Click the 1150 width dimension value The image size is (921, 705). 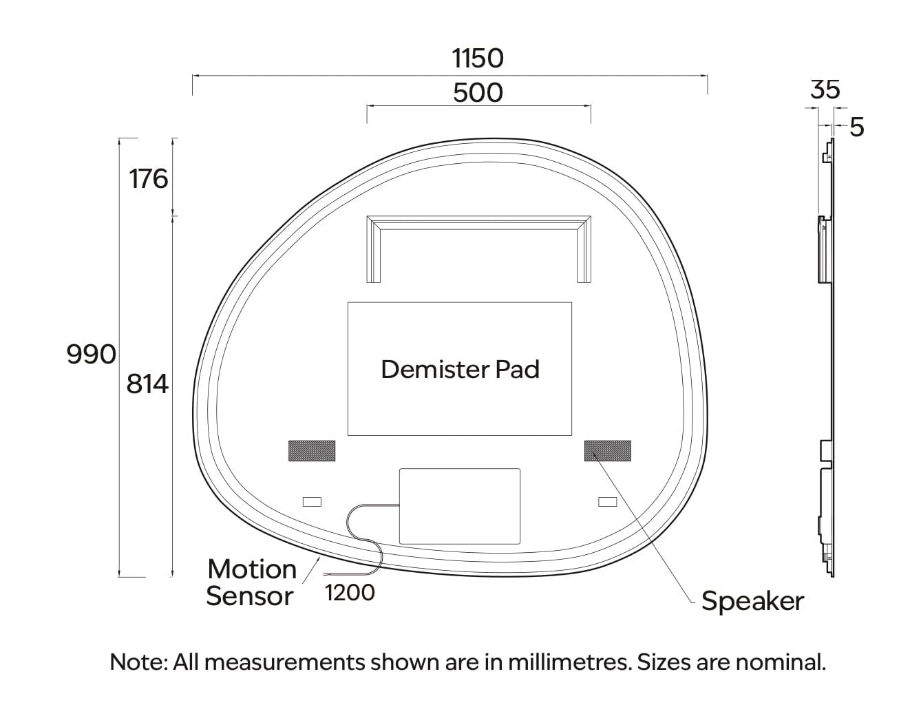tap(478, 59)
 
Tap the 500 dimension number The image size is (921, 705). tap(478, 93)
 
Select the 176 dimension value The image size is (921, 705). tap(149, 179)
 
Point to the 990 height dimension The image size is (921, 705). tap(91, 354)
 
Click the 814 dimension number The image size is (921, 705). tap(147, 384)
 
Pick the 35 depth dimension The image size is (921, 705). tap(825, 90)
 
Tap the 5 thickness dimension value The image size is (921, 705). tap(857, 127)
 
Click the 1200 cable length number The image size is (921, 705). tap(350, 593)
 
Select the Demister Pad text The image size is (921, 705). tap(460, 370)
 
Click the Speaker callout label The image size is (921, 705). tap(752, 601)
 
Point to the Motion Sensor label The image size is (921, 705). tap(251, 583)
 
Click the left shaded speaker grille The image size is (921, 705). tap(312, 451)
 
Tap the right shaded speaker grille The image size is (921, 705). tap(608, 451)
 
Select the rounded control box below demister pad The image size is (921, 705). tap(459, 506)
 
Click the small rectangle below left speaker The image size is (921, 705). tap(313, 501)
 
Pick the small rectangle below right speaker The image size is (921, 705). tap(608, 501)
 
